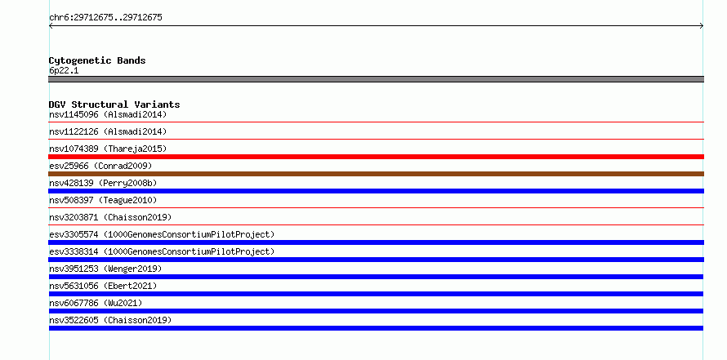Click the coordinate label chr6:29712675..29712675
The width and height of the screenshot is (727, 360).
(105, 18)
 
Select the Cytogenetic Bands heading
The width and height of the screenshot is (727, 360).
(97, 60)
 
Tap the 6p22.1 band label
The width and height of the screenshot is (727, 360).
(64, 71)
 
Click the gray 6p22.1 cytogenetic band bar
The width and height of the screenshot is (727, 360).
(376, 79)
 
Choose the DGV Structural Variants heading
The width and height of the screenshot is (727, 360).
(114, 104)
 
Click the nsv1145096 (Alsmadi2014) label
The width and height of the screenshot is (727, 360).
(108, 114)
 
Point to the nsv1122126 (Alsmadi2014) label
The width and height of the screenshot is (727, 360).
(108, 131)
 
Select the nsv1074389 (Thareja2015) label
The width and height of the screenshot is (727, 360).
(108, 149)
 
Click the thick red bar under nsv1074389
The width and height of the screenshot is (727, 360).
(376, 157)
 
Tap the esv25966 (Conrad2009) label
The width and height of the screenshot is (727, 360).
(100, 166)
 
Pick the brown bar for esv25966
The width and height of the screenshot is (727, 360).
(376, 174)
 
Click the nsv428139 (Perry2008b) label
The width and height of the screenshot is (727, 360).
(103, 183)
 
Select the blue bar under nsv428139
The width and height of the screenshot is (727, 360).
(376, 191)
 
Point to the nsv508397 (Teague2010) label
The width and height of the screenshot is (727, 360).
(103, 200)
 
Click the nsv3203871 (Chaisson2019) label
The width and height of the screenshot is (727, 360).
(110, 217)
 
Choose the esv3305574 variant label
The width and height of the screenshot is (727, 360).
(162, 234)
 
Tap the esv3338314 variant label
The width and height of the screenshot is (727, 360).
(162, 251)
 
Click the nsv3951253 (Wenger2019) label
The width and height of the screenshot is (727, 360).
(105, 269)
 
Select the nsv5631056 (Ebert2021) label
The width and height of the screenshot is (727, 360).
(103, 286)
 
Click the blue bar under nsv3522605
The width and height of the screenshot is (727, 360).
(376, 328)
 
